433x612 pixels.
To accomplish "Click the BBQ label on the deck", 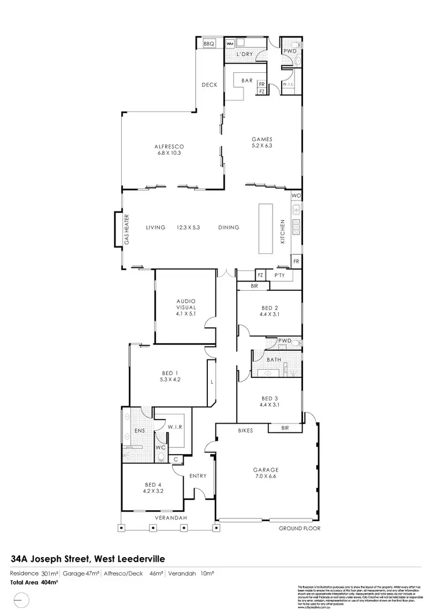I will click(208, 44).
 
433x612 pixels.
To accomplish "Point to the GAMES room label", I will click(262, 139).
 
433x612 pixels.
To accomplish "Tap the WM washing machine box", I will click(230, 43).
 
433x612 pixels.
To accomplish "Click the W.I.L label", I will click(289, 85).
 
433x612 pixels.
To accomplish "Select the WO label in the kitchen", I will click(296, 196).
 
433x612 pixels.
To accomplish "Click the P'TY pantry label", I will click(281, 276).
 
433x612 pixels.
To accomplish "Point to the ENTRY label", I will click(197, 476).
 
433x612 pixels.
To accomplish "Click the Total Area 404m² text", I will click(34, 583).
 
